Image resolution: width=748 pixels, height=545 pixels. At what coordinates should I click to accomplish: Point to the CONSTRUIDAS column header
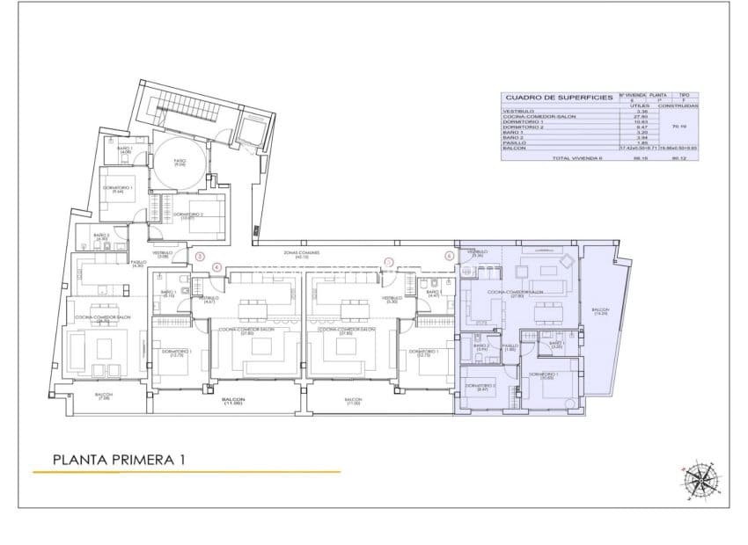point(678,105)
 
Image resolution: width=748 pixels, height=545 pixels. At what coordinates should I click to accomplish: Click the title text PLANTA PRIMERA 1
point(120,458)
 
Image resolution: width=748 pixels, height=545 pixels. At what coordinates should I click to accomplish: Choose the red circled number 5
point(388,261)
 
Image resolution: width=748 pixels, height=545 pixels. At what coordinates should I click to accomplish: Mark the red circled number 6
point(449,257)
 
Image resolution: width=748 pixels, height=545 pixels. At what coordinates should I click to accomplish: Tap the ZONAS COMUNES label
point(301,253)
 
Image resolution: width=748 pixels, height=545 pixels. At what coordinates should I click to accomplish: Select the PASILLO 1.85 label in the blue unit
point(510,348)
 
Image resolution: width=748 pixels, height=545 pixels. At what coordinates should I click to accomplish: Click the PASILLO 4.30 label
point(137,264)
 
